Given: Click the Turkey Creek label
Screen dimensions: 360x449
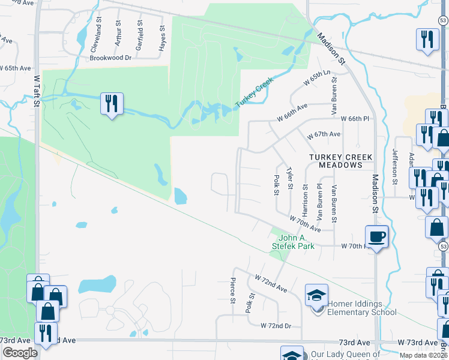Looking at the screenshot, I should pyautogui.click(x=254, y=92).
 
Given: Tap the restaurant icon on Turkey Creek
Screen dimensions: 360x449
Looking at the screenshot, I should pyautogui.click(x=112, y=103).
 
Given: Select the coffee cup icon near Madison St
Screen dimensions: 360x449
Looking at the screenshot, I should pyautogui.click(x=376, y=236).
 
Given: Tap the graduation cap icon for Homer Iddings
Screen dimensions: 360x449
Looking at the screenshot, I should pyautogui.click(x=316, y=295).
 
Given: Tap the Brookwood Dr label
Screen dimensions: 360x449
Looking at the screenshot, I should pyautogui.click(x=110, y=58).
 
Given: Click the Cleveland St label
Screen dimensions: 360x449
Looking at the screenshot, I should pyautogui.click(x=94, y=36).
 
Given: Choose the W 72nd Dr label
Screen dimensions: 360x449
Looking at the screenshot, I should pyautogui.click(x=276, y=325).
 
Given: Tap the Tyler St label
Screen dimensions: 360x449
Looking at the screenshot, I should pyautogui.click(x=291, y=178).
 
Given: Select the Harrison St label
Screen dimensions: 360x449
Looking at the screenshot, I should pyautogui.click(x=305, y=203).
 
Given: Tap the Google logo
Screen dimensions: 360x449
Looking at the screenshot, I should pyautogui.click(x=20, y=353).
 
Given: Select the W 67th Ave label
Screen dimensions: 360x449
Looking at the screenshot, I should pyautogui.click(x=324, y=134).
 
